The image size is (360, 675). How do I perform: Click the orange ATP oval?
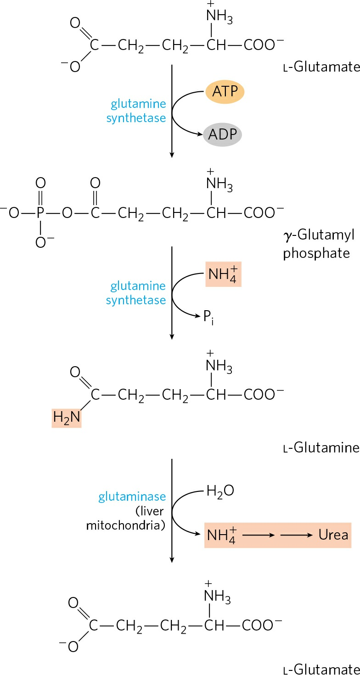pyautogui.click(x=225, y=92)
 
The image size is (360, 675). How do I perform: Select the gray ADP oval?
pyautogui.click(x=223, y=134)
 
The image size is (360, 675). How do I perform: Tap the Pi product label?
pyautogui.click(x=208, y=318)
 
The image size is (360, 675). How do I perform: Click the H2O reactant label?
pyautogui.click(x=220, y=491)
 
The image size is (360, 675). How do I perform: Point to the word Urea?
pyautogui.click(x=333, y=535)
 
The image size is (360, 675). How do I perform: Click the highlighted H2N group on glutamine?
pyautogui.click(x=67, y=418)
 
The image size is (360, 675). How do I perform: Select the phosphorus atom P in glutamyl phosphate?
pyautogui.click(x=40, y=213)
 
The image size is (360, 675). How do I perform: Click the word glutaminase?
pyautogui.click(x=132, y=496)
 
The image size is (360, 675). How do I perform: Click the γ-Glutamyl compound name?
pyautogui.click(x=319, y=235)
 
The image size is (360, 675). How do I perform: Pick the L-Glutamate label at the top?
pyautogui.click(x=321, y=67)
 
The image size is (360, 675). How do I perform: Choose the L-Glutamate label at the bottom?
pyautogui.click(x=321, y=669)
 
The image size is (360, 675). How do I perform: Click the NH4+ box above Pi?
pyautogui.click(x=223, y=274)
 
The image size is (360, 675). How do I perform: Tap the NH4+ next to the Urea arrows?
pyautogui.click(x=221, y=535)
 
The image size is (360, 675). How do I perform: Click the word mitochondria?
pyautogui.click(x=126, y=525)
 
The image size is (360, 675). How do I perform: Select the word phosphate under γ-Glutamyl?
pyautogui.click(x=316, y=253)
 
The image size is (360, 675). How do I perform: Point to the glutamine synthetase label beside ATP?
pyautogui.click(x=136, y=111)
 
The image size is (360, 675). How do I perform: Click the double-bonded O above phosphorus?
pyautogui.click(x=40, y=183)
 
